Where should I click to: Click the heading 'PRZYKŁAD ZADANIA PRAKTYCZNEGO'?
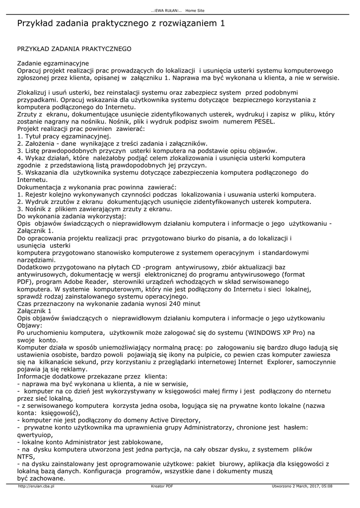(x=74, y=49)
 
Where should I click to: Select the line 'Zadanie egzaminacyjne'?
(x=53, y=63)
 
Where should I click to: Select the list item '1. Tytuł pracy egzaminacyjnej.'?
(x=65, y=136)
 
